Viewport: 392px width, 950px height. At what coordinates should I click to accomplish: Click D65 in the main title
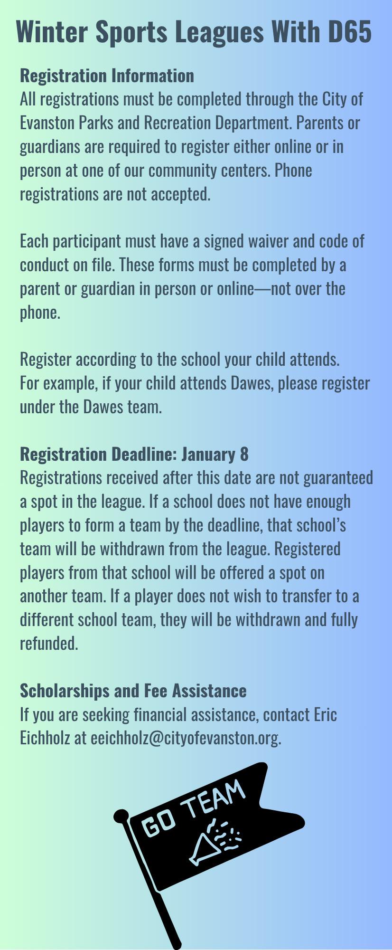(349, 31)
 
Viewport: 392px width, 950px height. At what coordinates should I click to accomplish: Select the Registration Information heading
(107, 76)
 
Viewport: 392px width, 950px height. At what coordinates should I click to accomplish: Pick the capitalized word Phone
(293, 170)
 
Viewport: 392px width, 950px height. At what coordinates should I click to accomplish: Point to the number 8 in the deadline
(244, 455)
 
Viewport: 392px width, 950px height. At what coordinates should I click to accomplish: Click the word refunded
(48, 644)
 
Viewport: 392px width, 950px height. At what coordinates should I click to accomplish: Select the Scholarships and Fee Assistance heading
(133, 691)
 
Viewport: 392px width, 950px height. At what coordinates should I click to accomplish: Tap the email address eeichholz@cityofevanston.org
(186, 738)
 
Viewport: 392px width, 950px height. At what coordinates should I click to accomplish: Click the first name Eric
(325, 714)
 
